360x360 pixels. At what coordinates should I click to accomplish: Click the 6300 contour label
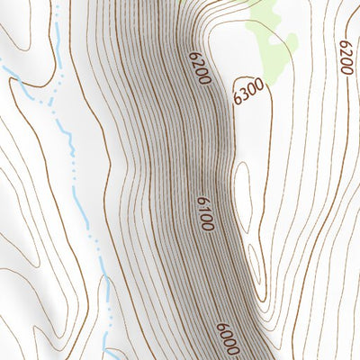247,92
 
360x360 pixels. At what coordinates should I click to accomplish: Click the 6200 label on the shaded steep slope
199,69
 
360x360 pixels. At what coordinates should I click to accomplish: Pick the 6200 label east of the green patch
347,57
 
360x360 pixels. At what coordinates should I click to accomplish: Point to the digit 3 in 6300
243,94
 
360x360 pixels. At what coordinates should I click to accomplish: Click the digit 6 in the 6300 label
237,99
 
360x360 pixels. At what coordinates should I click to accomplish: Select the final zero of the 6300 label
258,85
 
